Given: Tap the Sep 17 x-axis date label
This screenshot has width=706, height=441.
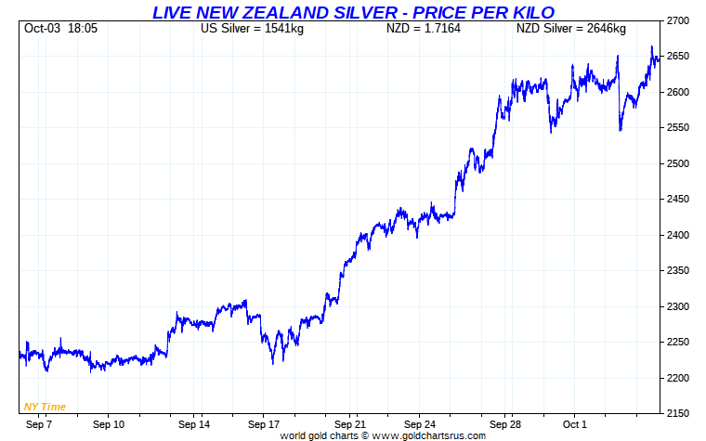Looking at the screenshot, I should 264,424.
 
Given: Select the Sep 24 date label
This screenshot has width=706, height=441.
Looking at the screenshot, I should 420,424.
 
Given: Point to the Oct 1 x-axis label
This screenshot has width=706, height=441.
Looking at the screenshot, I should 575,424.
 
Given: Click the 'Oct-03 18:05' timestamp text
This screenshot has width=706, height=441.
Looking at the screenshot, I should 61,29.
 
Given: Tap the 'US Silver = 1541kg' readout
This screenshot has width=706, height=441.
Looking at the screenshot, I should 252,29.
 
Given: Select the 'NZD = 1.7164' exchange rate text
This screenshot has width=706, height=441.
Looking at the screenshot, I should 424,29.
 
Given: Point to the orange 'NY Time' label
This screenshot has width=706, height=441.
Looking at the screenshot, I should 44,407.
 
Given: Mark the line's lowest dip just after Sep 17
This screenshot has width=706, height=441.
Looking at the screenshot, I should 273,363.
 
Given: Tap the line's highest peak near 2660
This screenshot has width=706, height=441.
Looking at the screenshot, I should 651,46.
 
